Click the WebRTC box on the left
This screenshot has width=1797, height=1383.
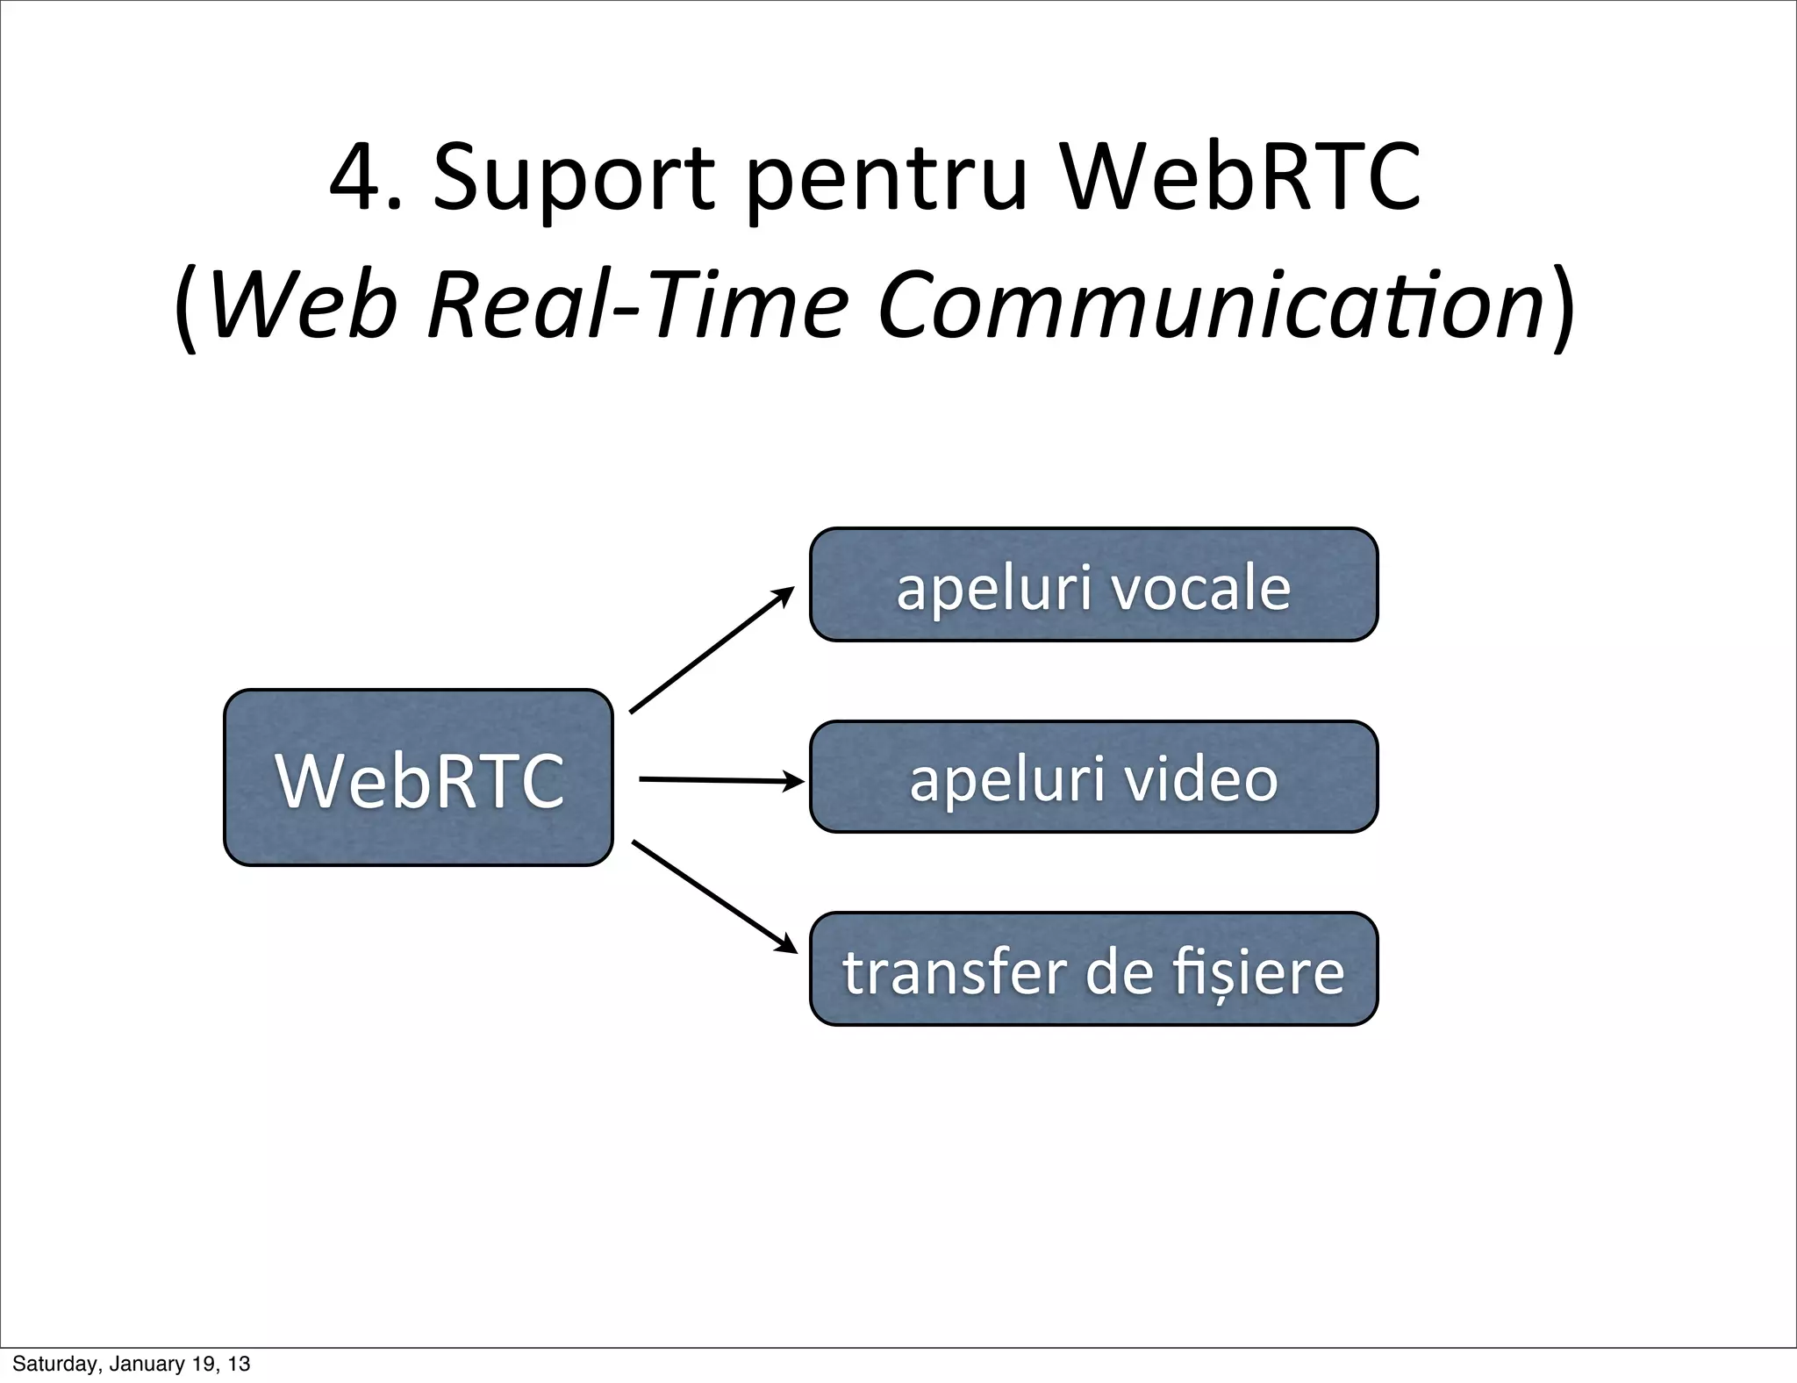(x=418, y=777)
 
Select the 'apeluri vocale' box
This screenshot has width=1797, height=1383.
(x=1093, y=585)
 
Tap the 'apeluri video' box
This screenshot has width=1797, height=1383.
(x=1093, y=777)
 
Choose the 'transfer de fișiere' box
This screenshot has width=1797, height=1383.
(x=1093, y=969)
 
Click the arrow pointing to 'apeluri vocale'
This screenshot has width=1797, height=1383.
(x=711, y=651)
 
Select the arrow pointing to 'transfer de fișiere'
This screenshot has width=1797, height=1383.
(x=713, y=896)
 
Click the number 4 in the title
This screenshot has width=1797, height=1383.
(x=355, y=178)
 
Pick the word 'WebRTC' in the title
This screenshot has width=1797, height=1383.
(x=1239, y=178)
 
